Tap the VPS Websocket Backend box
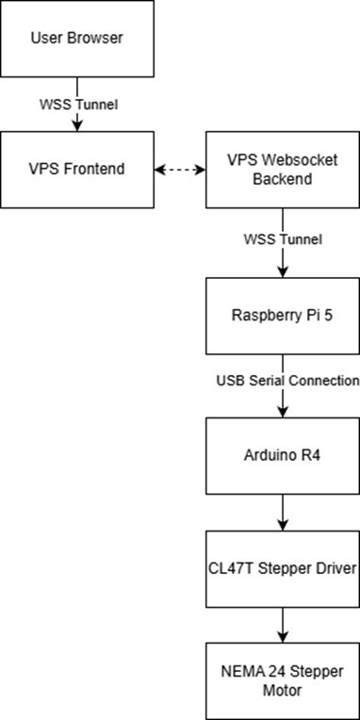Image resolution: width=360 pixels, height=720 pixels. pyautogui.click(x=283, y=171)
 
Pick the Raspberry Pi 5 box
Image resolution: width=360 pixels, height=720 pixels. pyautogui.click(x=283, y=316)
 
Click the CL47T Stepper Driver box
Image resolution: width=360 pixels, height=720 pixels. pyautogui.click(x=283, y=568)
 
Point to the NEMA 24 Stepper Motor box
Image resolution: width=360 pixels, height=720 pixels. pyautogui.click(x=283, y=680)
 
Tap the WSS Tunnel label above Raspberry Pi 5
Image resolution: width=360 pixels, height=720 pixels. pyautogui.click(x=283, y=239)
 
